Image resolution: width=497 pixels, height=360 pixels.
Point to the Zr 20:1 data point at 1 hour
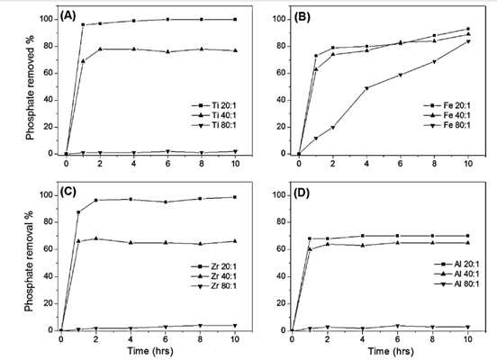click(x=78, y=212)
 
